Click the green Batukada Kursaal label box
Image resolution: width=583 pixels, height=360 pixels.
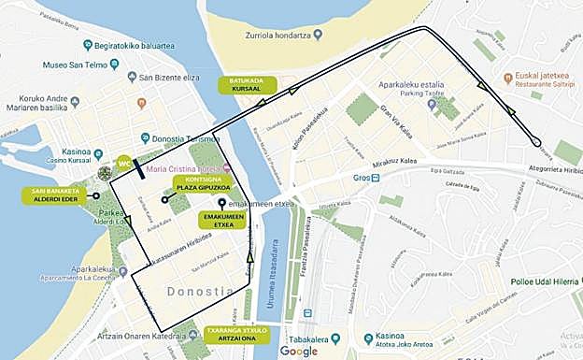click(x=245, y=84)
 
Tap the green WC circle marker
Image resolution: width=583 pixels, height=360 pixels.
click(x=123, y=164)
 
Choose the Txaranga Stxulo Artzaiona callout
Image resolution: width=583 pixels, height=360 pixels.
click(x=235, y=334)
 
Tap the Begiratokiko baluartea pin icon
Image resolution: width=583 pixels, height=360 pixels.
click(x=87, y=45)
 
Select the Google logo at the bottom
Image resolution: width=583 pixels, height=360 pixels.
click(x=298, y=351)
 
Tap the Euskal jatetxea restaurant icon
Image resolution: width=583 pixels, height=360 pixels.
click(x=506, y=77)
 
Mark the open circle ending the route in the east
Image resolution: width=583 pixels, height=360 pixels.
click(x=536, y=142)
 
